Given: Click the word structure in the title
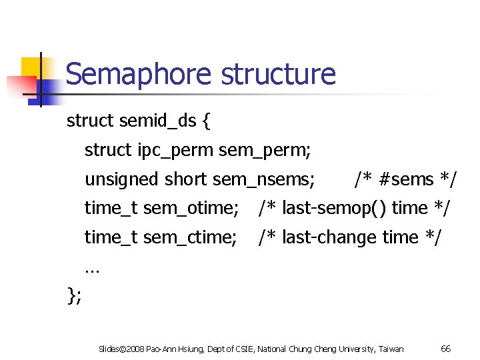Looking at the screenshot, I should pyautogui.click(x=278, y=74).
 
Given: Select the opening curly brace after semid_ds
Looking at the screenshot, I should pyautogui.click(x=207, y=121).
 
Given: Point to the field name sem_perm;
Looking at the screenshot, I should pyautogui.click(x=265, y=151).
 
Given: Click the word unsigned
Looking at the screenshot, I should pyautogui.click(x=121, y=179).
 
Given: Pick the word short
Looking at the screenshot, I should pyautogui.click(x=186, y=179).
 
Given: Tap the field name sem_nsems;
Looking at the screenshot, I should pyautogui.click(x=263, y=179).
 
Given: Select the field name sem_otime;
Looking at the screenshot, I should pyautogui.click(x=191, y=208).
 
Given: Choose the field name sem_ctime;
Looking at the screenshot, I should pyautogui.click(x=190, y=237).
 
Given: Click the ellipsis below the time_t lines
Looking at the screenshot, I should pyautogui.click(x=92, y=269).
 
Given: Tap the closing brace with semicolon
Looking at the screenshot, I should pyautogui.click(x=74, y=295).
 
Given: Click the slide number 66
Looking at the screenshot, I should pyautogui.click(x=446, y=349).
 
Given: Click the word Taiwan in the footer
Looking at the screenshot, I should pyautogui.click(x=391, y=349).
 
